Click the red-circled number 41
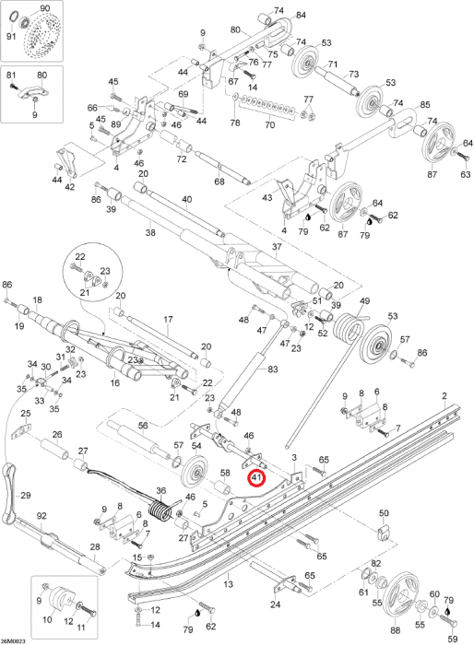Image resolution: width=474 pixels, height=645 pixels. [256, 477]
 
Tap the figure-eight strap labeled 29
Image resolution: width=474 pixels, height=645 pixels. [10, 491]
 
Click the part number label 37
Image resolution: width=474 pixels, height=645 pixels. [277, 246]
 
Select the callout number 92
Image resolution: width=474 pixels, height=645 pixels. [41, 516]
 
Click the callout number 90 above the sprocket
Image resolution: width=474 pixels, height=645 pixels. [44, 7]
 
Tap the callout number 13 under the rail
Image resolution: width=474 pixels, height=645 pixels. [228, 583]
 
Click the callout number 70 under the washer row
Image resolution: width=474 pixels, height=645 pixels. [270, 123]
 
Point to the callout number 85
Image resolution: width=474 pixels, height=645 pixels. [425, 104]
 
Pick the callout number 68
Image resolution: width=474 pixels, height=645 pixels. [219, 181]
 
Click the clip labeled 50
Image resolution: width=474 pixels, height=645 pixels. [383, 531]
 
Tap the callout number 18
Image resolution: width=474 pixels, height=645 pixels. [38, 299]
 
